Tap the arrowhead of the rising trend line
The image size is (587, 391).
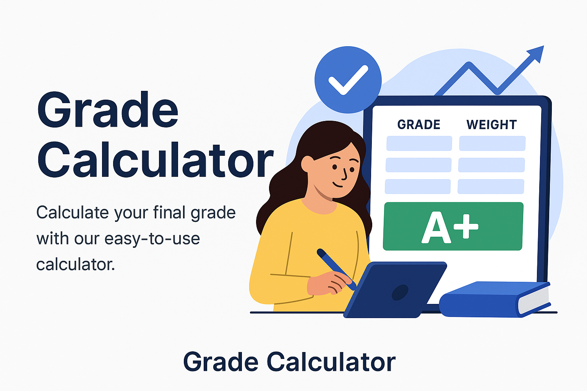[x=537, y=53]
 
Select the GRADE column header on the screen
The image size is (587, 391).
[x=419, y=124]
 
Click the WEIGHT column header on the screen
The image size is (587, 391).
[x=491, y=124]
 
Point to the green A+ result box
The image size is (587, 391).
[x=453, y=226]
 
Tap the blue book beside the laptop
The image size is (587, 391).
[x=495, y=300]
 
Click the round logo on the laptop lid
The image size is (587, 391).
[x=400, y=292]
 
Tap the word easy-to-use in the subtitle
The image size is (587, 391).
[x=152, y=239]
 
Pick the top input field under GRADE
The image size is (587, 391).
[x=419, y=144]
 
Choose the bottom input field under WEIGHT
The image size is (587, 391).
[x=491, y=187]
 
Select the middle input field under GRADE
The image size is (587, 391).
[x=418, y=165]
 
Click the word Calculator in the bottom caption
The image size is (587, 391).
[x=331, y=362]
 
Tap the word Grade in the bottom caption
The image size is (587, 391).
[x=221, y=362]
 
